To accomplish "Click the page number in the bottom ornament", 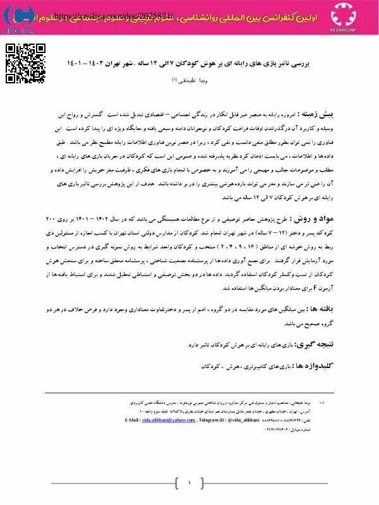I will (x=189, y=484).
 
